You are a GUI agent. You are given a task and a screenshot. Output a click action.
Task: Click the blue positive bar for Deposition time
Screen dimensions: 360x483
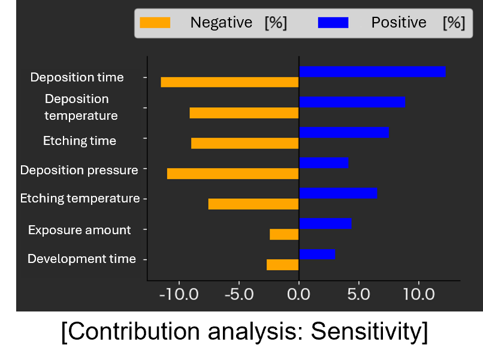[372, 72]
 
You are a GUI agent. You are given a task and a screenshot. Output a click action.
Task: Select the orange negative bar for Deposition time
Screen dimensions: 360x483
[230, 82]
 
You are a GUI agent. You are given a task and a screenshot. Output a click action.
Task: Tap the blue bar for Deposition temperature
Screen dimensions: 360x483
[352, 102]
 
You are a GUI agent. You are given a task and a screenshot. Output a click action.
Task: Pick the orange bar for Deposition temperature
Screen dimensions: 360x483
[244, 113]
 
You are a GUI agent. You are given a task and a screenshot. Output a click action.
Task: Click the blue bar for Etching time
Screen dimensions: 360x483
[344, 132]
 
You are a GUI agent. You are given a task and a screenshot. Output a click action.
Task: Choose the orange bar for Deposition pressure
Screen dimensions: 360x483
[233, 173]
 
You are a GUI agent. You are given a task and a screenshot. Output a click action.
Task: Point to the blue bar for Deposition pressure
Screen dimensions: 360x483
[324, 163]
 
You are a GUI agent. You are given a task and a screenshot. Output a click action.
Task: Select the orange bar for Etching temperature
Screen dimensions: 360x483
[253, 204]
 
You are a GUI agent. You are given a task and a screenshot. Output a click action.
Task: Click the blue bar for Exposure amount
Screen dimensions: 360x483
[325, 223]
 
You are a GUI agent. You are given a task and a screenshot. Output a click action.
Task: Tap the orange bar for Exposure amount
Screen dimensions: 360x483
[284, 234]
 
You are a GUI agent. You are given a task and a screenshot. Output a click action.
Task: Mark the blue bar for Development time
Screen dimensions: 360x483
[317, 254]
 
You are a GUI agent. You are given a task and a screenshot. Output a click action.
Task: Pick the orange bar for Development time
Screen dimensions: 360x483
[283, 265]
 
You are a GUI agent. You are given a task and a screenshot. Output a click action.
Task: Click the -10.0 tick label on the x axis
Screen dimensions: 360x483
[179, 294]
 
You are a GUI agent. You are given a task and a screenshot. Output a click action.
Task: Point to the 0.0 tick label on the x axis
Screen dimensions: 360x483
[298, 294]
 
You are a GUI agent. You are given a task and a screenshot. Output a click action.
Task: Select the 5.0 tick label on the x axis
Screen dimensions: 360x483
[358, 294]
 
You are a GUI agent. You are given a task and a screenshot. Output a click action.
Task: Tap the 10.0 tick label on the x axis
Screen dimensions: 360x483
[418, 294]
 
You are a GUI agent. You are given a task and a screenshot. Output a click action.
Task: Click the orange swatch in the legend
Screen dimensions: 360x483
[155, 23]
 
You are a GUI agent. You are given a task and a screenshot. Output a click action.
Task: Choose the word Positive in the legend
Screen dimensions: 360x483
[399, 23]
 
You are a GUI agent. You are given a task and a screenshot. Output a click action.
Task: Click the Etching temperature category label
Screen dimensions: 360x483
[80, 198]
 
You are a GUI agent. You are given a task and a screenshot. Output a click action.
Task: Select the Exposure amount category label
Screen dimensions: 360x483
[79, 230]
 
